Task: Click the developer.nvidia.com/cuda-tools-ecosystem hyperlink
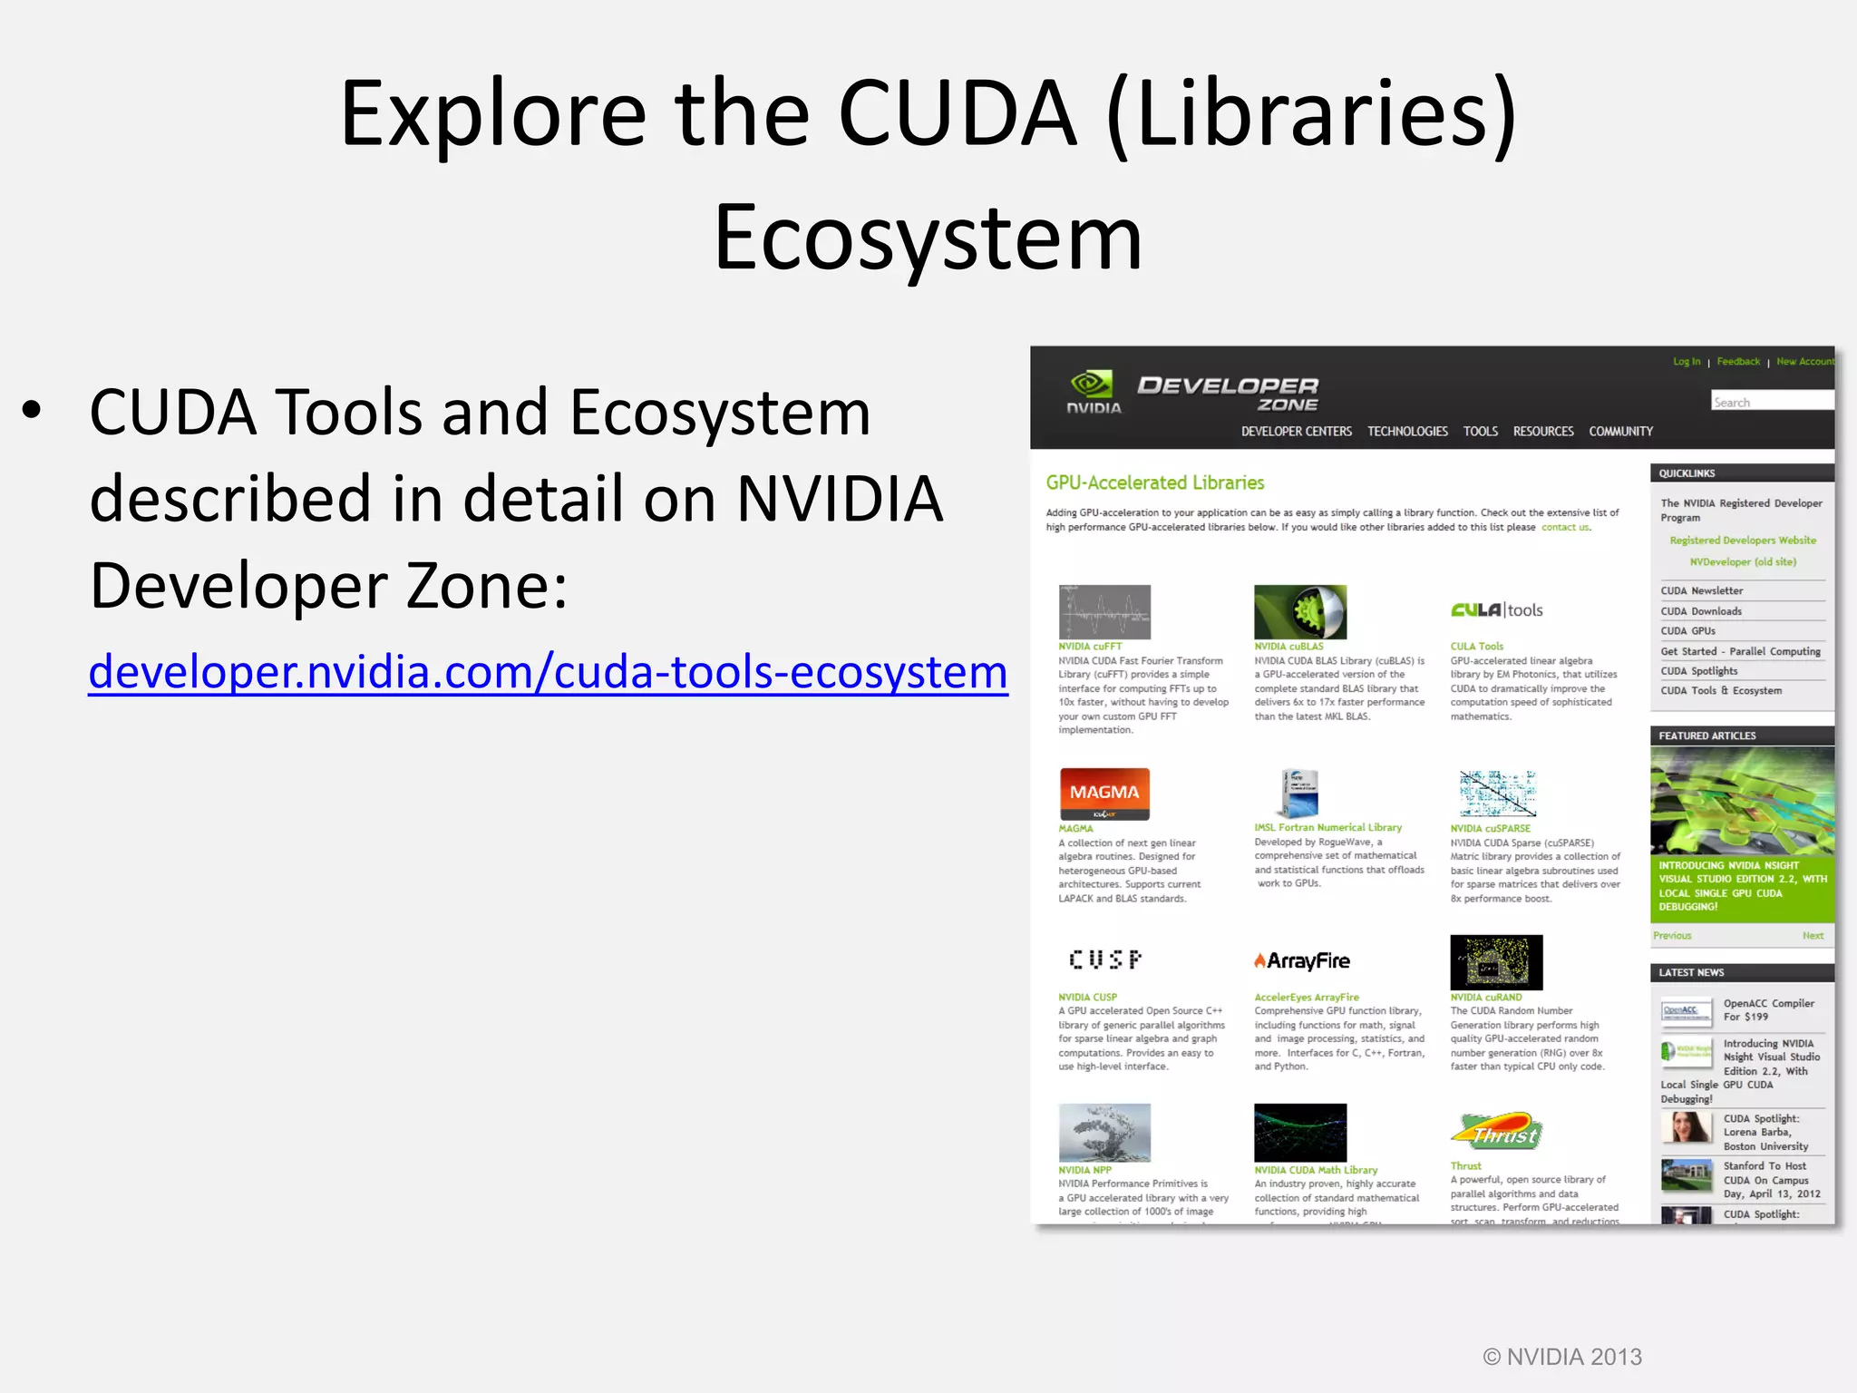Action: (x=548, y=672)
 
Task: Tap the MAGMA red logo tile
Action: (x=1104, y=794)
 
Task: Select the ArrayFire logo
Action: (x=1302, y=961)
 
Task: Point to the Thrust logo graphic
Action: (x=1497, y=1132)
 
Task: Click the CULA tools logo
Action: (x=1497, y=610)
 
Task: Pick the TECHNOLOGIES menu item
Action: (x=1407, y=432)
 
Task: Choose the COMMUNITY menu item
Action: (x=1620, y=432)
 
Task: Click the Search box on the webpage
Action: (x=1772, y=402)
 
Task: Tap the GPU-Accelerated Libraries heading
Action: (x=1154, y=482)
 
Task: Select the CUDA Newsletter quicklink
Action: (x=1701, y=591)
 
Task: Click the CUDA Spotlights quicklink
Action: (x=1698, y=671)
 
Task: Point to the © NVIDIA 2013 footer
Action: (x=1561, y=1357)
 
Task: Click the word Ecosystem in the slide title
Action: (x=928, y=238)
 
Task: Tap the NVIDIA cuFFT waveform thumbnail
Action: (x=1104, y=612)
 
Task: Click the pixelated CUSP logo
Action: (x=1104, y=960)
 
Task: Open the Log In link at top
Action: (x=1686, y=362)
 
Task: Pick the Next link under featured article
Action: (x=1813, y=936)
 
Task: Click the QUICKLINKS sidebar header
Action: (x=1687, y=473)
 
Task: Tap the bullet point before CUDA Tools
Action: (x=33, y=411)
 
